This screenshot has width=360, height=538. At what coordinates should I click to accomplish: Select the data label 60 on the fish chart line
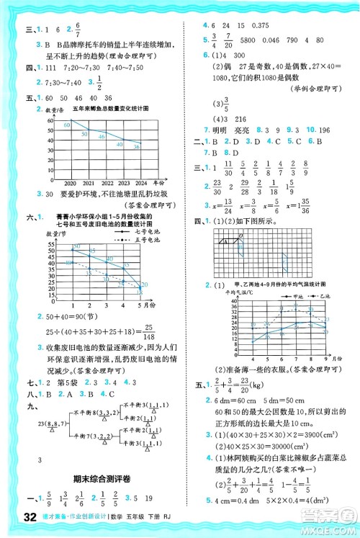tap(66, 125)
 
